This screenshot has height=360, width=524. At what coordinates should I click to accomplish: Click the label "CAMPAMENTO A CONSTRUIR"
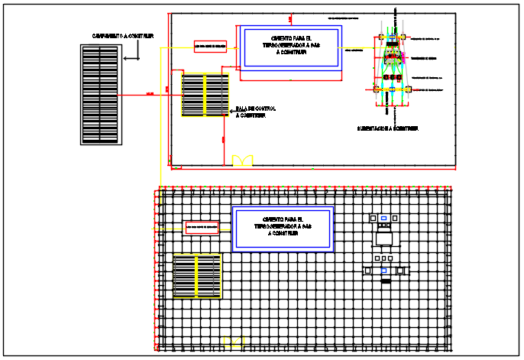click(123, 36)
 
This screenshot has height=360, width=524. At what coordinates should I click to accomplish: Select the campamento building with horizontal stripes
click(100, 95)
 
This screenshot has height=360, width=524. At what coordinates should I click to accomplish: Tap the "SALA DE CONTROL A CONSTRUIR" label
click(255, 112)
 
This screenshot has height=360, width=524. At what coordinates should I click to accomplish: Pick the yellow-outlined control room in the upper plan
click(205, 94)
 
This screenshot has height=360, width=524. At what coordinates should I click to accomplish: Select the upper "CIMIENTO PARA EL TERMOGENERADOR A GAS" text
click(289, 46)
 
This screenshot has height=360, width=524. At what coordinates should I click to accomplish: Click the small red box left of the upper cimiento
click(210, 47)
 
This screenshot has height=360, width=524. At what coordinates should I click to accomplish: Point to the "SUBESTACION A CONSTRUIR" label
click(387, 128)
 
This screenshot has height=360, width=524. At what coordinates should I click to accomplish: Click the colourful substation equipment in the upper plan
click(393, 65)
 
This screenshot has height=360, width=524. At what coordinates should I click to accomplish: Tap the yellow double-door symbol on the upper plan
click(243, 160)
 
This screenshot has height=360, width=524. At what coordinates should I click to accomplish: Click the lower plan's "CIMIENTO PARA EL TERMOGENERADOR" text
click(283, 227)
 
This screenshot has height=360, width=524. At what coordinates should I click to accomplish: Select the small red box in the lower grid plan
click(202, 227)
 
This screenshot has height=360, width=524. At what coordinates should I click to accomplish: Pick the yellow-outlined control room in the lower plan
click(197, 276)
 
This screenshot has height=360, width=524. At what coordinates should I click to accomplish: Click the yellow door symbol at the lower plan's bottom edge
click(232, 342)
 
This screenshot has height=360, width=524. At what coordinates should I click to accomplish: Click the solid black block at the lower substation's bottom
click(386, 281)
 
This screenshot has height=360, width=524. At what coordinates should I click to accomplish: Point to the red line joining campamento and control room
click(149, 94)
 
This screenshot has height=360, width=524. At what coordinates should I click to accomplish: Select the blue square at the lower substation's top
click(383, 218)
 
